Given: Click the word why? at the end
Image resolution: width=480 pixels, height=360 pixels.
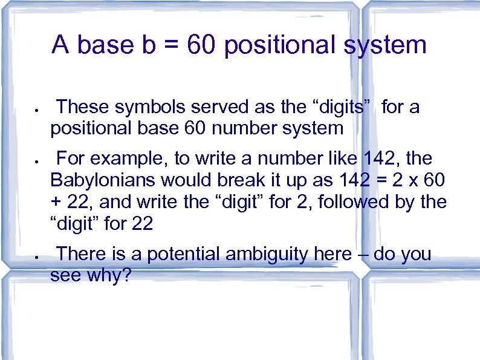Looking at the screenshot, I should click(x=112, y=275).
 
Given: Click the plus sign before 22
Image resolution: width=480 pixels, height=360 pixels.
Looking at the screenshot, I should click(x=57, y=202).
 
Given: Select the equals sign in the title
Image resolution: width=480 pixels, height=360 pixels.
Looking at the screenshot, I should click(x=170, y=45).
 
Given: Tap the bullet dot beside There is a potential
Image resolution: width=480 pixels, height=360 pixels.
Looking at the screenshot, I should click(x=37, y=257).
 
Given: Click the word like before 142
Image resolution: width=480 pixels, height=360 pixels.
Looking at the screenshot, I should click(x=343, y=159).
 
